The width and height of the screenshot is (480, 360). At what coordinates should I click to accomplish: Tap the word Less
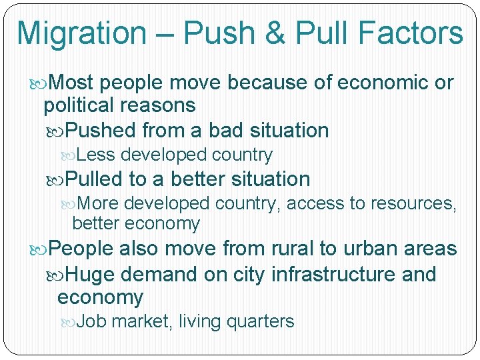(96, 155)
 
